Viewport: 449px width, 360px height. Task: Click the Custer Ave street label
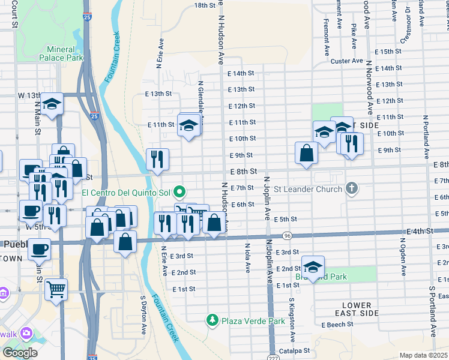(346, 61)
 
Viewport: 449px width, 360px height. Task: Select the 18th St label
(205, 5)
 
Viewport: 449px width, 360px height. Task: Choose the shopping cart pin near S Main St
(56, 289)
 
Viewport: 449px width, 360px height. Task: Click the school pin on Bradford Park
(313, 265)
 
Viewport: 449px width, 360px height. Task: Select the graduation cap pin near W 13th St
(52, 104)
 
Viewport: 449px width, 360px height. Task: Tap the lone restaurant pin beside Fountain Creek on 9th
(157, 159)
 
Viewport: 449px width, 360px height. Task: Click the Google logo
(20, 353)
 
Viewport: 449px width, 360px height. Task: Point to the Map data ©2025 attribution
(423, 355)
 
